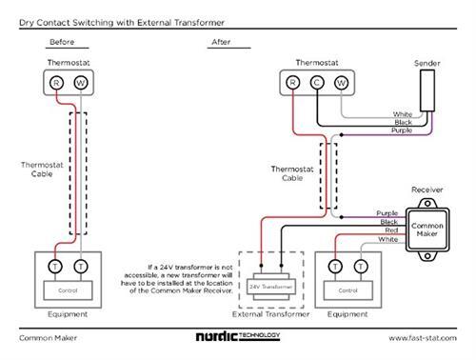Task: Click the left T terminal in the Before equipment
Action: [x=56, y=263]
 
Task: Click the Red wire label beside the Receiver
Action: [x=390, y=230]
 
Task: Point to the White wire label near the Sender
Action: [x=402, y=114]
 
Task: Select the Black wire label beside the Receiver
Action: [x=388, y=222]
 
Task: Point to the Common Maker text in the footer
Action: [x=44, y=337]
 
